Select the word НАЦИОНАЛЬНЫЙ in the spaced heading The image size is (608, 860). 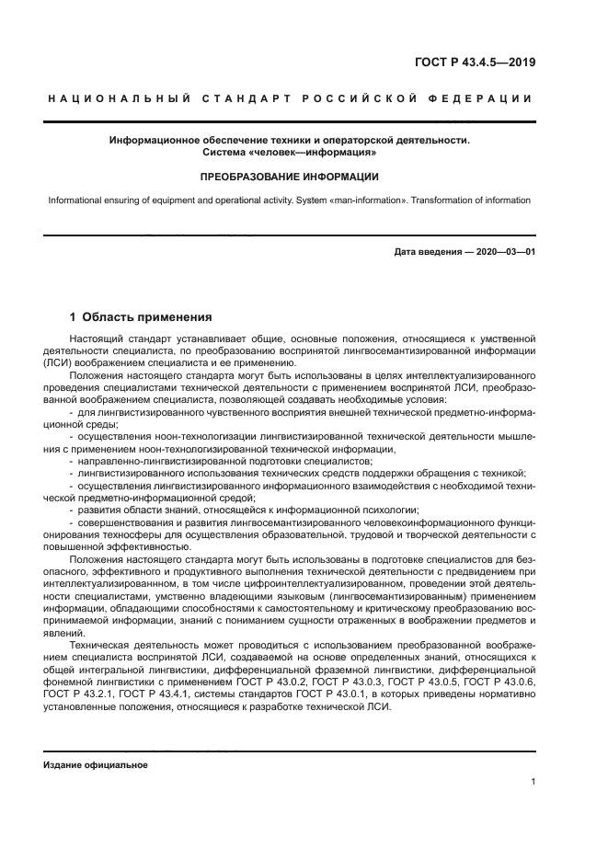click(119, 98)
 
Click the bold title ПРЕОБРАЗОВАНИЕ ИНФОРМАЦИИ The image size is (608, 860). click(290, 176)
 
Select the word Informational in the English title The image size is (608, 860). click(75, 200)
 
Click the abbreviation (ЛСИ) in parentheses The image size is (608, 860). click(59, 363)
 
